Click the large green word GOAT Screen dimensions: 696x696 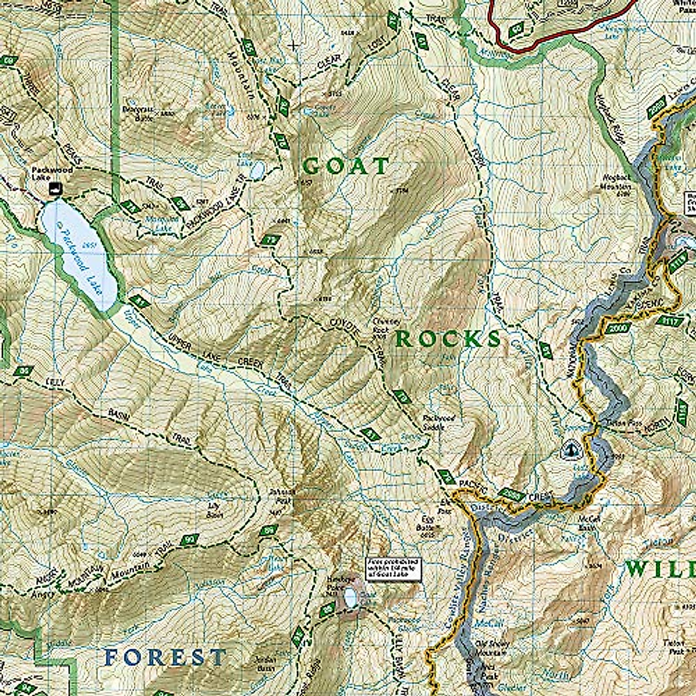tap(346, 167)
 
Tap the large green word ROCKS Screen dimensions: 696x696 tap(448, 339)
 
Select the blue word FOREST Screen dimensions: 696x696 tap(165, 657)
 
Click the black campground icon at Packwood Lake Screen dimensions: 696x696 tap(56, 187)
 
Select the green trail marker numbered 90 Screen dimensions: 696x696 tap(189, 541)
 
